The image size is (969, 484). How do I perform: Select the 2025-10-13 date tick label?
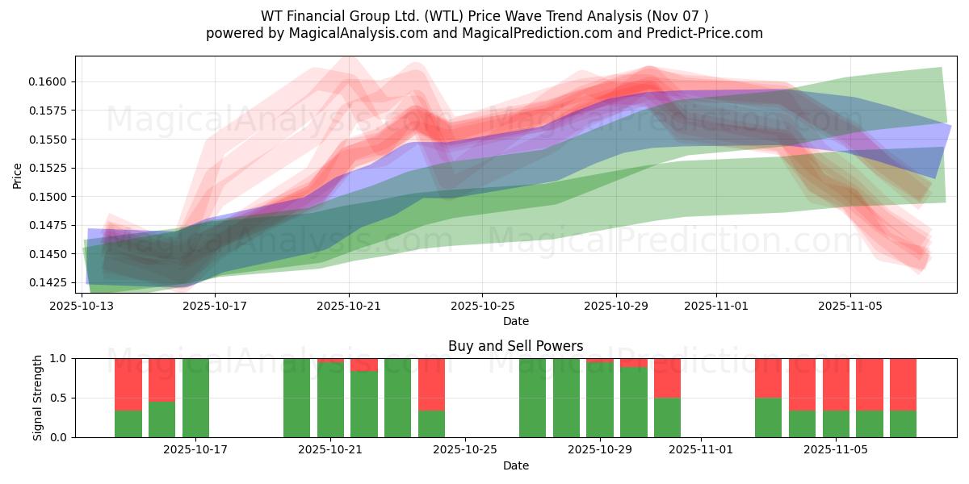(x=82, y=306)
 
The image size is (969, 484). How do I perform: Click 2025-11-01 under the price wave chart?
(x=716, y=306)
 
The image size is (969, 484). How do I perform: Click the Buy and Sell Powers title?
(x=515, y=346)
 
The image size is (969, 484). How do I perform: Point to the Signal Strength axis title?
(x=38, y=398)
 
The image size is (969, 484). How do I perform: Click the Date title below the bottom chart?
(x=515, y=465)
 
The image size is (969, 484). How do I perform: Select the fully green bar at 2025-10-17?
(x=195, y=398)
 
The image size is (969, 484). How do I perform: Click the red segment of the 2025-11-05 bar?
(x=836, y=384)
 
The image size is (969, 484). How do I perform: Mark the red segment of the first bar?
(x=128, y=384)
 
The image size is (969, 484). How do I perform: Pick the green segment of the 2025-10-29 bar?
(x=600, y=399)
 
